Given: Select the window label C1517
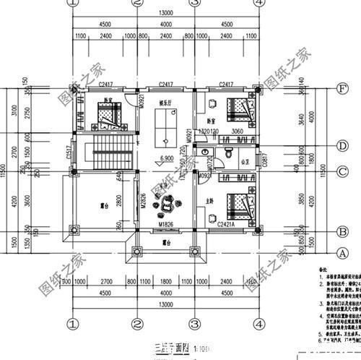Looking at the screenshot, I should (x=69, y=152).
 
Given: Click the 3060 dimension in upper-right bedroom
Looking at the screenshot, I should (x=237, y=132).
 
